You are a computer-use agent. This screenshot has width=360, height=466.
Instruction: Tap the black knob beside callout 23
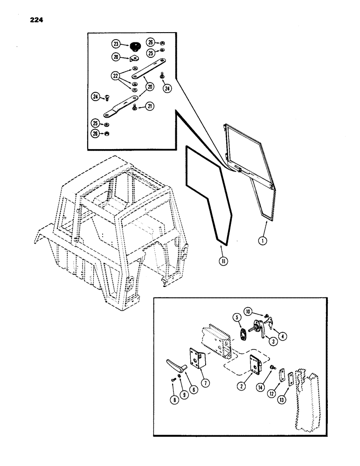[136, 45]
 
